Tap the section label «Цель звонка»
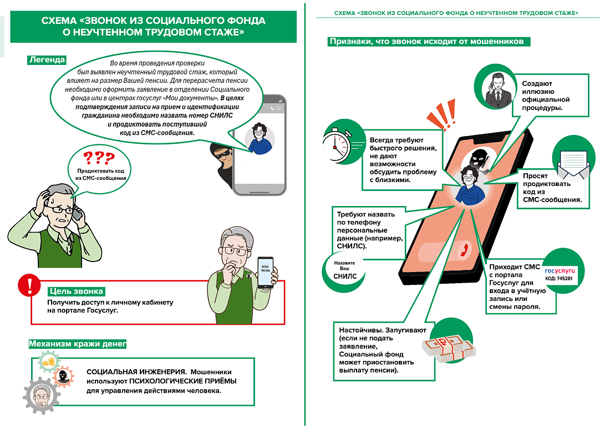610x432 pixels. tap(76, 291)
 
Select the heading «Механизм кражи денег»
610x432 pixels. tap(78, 344)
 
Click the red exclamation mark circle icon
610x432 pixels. tap(27, 285)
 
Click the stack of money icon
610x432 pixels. tap(449, 345)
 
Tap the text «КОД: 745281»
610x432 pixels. tap(558, 278)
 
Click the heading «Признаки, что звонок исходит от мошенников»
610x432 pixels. tap(430, 42)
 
